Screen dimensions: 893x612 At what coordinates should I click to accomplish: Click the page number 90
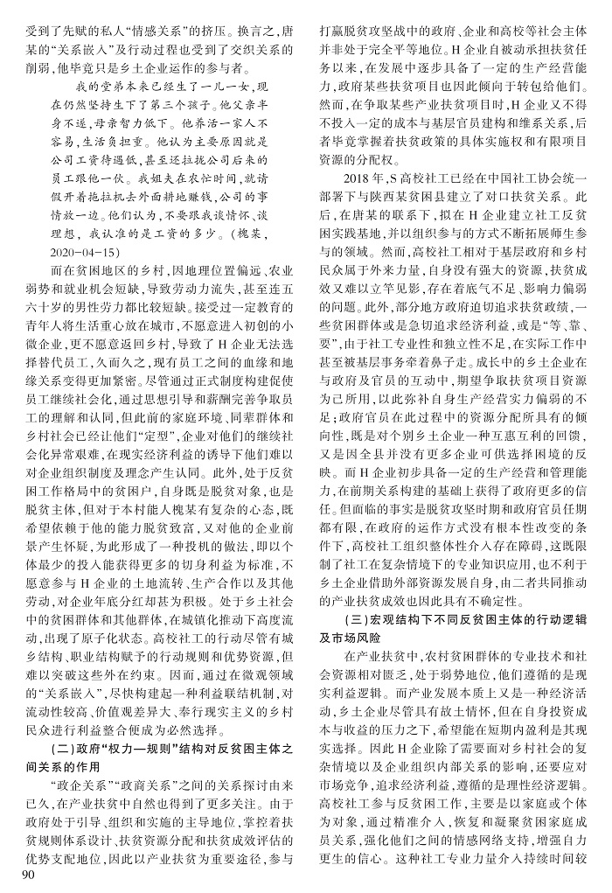[x=19, y=875]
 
